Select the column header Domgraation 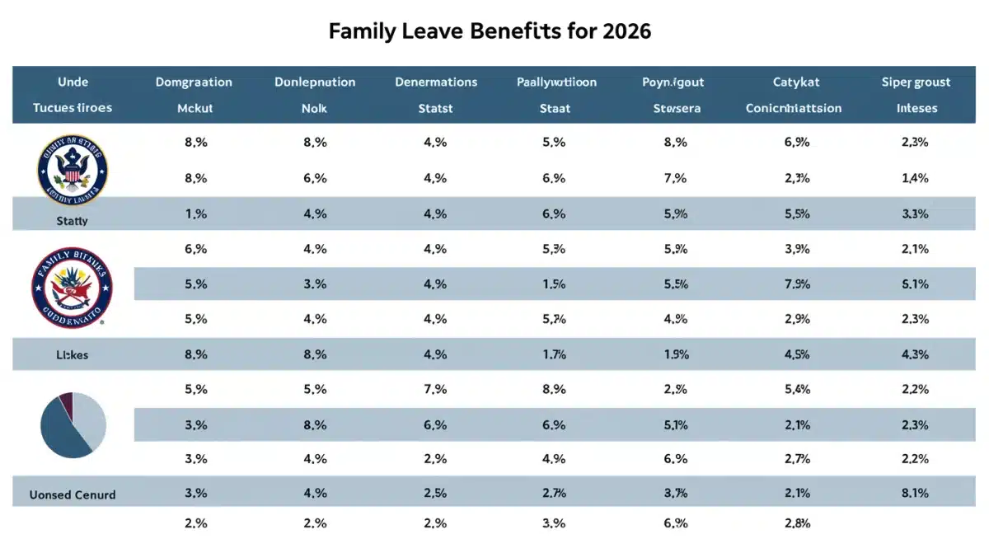(x=194, y=82)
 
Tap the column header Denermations (x=436, y=82)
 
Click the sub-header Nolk (x=315, y=108)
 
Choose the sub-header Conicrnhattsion (x=793, y=108)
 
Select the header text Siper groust (x=916, y=82)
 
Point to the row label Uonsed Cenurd (x=73, y=494)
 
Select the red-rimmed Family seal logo (x=73, y=288)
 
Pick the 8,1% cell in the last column (x=915, y=494)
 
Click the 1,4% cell (x=915, y=177)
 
